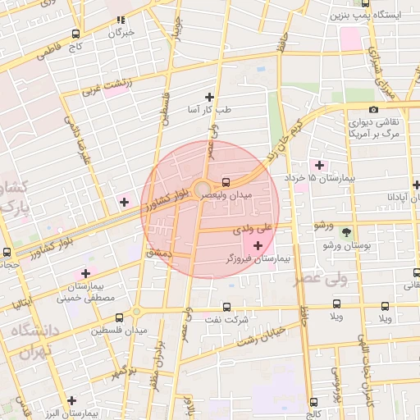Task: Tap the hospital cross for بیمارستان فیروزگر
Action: [x=259, y=245]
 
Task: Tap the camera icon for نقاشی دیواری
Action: [x=373, y=110]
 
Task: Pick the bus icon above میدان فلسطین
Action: [x=120, y=317]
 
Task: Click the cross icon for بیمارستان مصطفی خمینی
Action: [x=84, y=273]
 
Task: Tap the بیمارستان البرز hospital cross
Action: [x=72, y=400]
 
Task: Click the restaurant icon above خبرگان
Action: [x=121, y=20]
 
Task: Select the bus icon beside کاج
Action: [x=76, y=34]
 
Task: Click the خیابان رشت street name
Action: [x=259, y=336]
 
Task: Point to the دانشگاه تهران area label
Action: [x=33, y=340]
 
